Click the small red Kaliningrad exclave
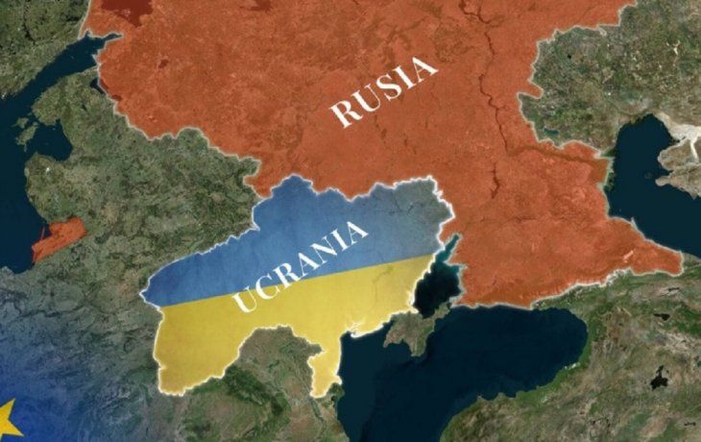(58, 238)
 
